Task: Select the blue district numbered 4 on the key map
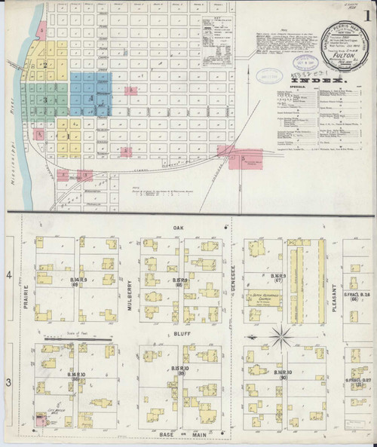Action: click(91, 98)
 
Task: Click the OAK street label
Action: click(178, 226)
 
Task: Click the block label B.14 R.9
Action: click(78, 280)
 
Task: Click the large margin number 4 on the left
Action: click(9, 278)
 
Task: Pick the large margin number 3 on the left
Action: click(9, 384)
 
